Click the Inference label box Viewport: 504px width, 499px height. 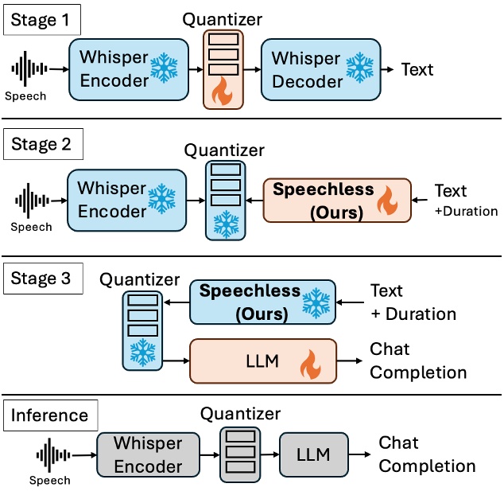coord(50,415)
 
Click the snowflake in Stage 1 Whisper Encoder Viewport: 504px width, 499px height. coord(164,70)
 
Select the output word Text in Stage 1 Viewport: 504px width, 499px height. coord(417,70)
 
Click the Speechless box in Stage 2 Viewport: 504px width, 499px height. coord(337,201)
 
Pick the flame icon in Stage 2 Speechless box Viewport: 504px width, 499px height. coord(387,204)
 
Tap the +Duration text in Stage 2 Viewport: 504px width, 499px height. coord(466,212)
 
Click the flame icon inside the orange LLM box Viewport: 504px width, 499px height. coord(308,368)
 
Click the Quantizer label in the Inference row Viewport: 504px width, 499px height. coord(240,414)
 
